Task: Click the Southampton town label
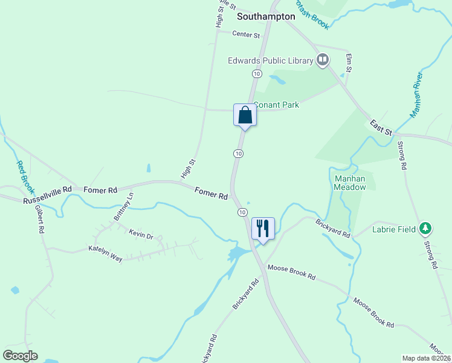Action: (x=266, y=16)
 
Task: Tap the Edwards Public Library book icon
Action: (x=323, y=60)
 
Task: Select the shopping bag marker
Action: (x=245, y=114)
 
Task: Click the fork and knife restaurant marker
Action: (x=262, y=228)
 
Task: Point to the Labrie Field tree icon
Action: (x=427, y=228)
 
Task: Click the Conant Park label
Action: (x=276, y=105)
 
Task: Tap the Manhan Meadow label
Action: (x=350, y=183)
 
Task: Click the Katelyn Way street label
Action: (x=105, y=253)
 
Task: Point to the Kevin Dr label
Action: (x=141, y=234)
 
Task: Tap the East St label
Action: (x=381, y=128)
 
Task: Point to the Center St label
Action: (x=246, y=35)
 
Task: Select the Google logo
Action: (x=20, y=356)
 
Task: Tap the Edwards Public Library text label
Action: (x=270, y=60)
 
